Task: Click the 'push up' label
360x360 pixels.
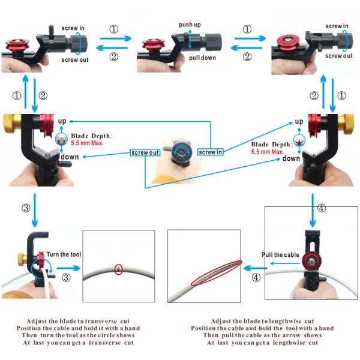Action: click(190, 25)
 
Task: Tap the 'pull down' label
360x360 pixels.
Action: click(203, 58)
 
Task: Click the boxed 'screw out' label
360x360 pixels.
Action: click(145, 152)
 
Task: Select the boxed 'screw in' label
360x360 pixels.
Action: click(211, 152)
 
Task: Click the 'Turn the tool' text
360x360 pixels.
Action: click(64, 254)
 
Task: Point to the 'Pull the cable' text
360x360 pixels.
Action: click(280, 255)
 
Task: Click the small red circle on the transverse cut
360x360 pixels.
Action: click(118, 269)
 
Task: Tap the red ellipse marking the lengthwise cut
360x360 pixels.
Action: click(216, 273)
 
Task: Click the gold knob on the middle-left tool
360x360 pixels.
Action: click(11, 124)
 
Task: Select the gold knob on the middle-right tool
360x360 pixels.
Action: click(346, 124)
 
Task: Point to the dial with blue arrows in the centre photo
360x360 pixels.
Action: click(182, 152)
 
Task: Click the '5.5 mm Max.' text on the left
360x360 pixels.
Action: click(87, 143)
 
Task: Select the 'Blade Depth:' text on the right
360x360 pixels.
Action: click(272, 145)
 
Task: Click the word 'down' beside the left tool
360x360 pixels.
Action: click(70, 157)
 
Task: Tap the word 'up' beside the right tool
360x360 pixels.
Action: click(299, 122)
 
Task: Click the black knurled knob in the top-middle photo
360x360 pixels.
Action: click(213, 42)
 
